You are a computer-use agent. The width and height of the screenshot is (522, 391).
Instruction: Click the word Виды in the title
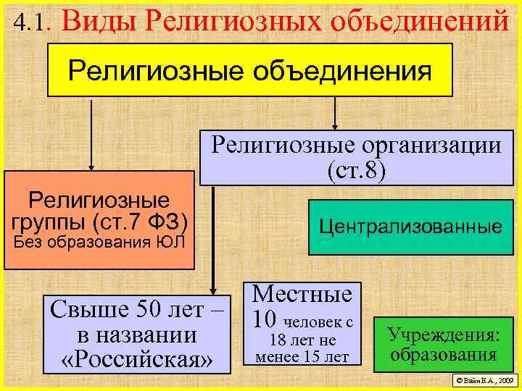(97, 21)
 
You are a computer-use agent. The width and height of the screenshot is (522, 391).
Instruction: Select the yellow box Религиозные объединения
(249, 70)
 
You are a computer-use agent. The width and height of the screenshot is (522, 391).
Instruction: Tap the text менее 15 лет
(302, 356)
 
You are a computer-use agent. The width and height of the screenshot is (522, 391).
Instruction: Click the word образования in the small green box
(443, 355)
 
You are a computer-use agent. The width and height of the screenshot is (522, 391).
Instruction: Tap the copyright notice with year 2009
(483, 379)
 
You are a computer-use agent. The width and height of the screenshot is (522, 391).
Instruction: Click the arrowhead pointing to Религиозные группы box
(91, 166)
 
